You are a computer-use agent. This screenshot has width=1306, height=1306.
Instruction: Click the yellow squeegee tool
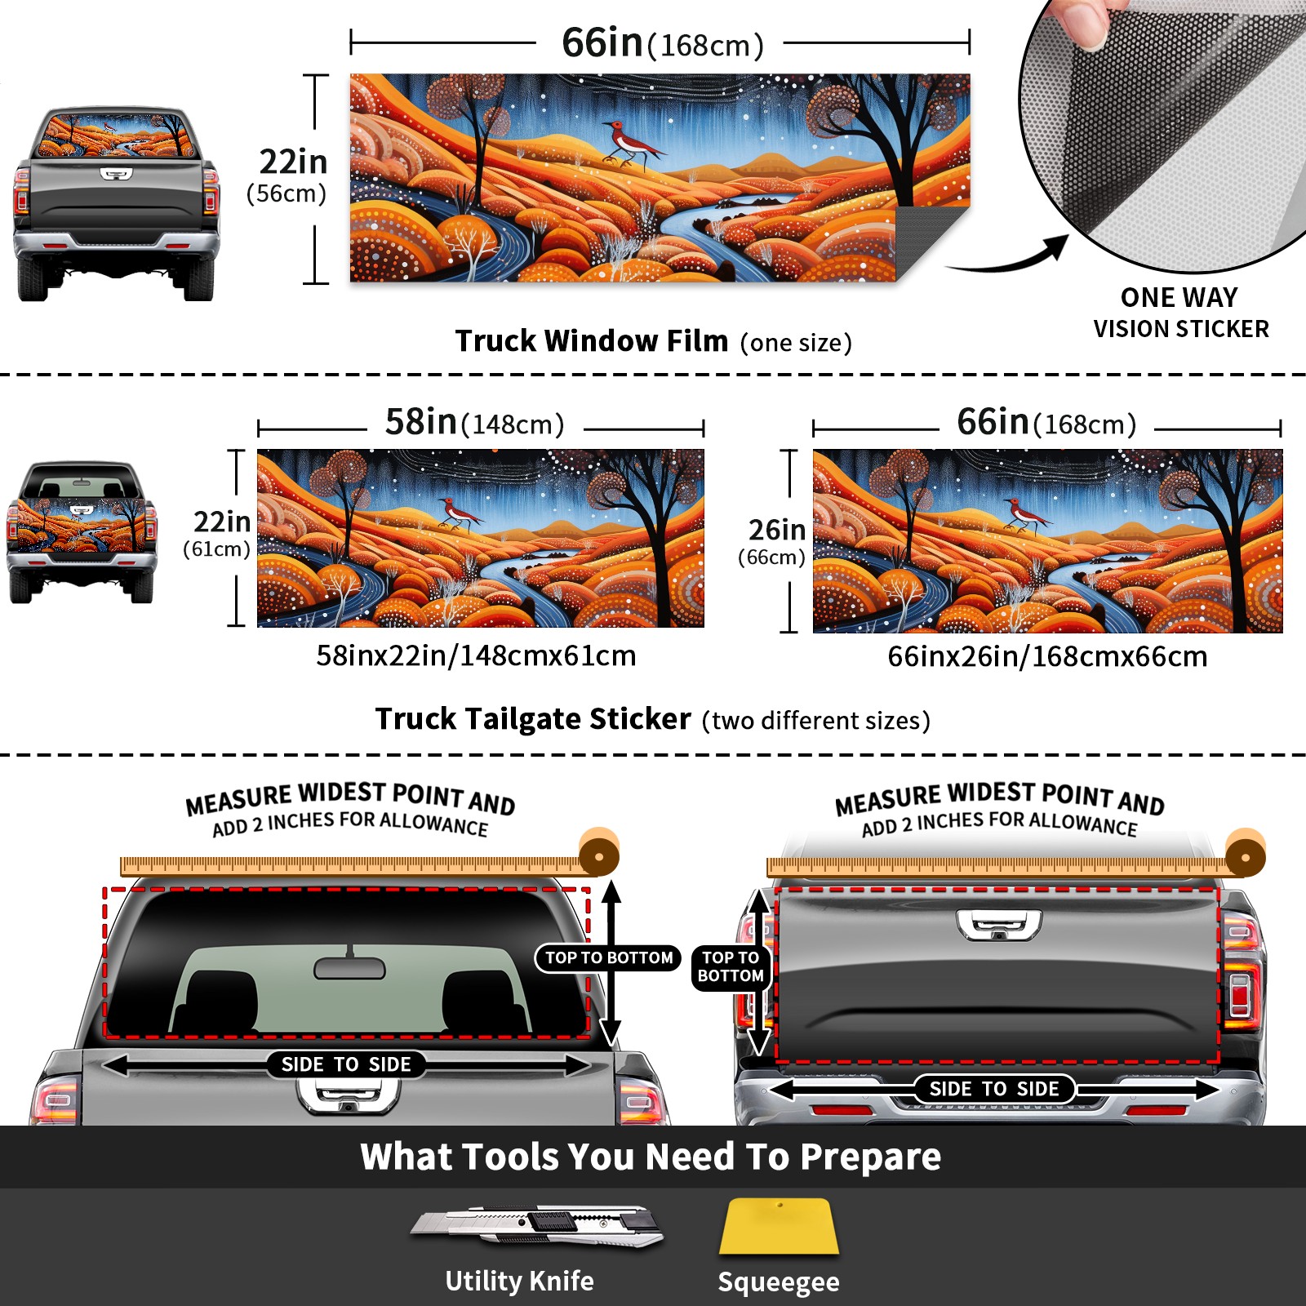click(779, 1227)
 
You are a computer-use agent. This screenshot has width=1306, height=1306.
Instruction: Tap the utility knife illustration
click(537, 1225)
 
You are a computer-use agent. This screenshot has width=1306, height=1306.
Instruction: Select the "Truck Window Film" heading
click(592, 340)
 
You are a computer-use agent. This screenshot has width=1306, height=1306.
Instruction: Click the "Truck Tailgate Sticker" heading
click(533, 719)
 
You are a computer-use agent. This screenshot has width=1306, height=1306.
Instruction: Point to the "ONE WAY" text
click(1179, 297)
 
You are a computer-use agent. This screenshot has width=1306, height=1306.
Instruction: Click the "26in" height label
click(777, 530)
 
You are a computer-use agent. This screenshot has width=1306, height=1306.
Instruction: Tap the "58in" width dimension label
click(421, 421)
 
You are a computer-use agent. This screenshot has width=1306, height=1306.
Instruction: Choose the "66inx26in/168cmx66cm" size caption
click(1047, 656)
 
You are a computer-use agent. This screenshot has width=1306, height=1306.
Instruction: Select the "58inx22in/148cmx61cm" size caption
click(476, 655)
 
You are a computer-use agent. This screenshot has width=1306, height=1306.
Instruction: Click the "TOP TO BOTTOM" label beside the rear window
click(609, 957)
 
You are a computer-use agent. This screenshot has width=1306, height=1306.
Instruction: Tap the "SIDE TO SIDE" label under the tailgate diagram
click(994, 1089)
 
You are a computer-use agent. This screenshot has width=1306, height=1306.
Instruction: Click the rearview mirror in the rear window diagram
click(349, 968)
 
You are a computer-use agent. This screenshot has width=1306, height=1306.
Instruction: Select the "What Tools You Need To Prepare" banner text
click(651, 1157)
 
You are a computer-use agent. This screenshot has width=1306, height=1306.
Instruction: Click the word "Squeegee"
click(779, 1282)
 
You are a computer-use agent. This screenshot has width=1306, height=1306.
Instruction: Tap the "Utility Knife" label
click(519, 1281)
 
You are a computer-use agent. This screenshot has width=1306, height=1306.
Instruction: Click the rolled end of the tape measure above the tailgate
click(1245, 854)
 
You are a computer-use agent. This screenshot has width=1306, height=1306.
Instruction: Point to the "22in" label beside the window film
click(293, 162)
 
